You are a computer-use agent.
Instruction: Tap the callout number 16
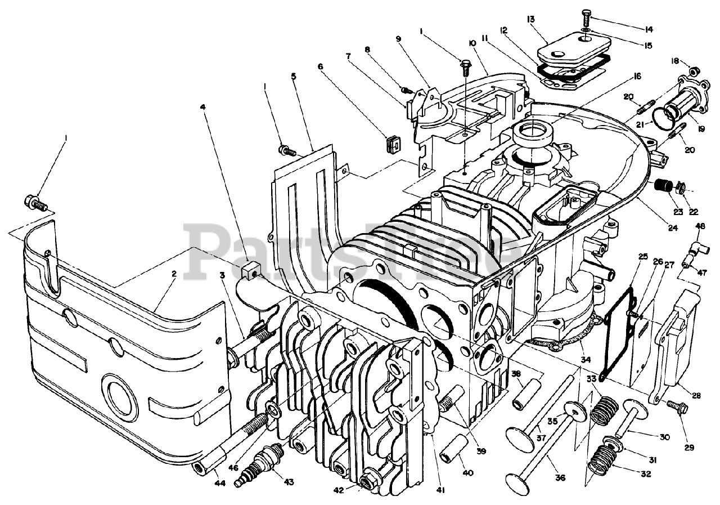coord(636,77)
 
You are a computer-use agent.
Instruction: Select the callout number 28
coord(696,396)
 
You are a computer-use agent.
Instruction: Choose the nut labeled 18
coord(694,71)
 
